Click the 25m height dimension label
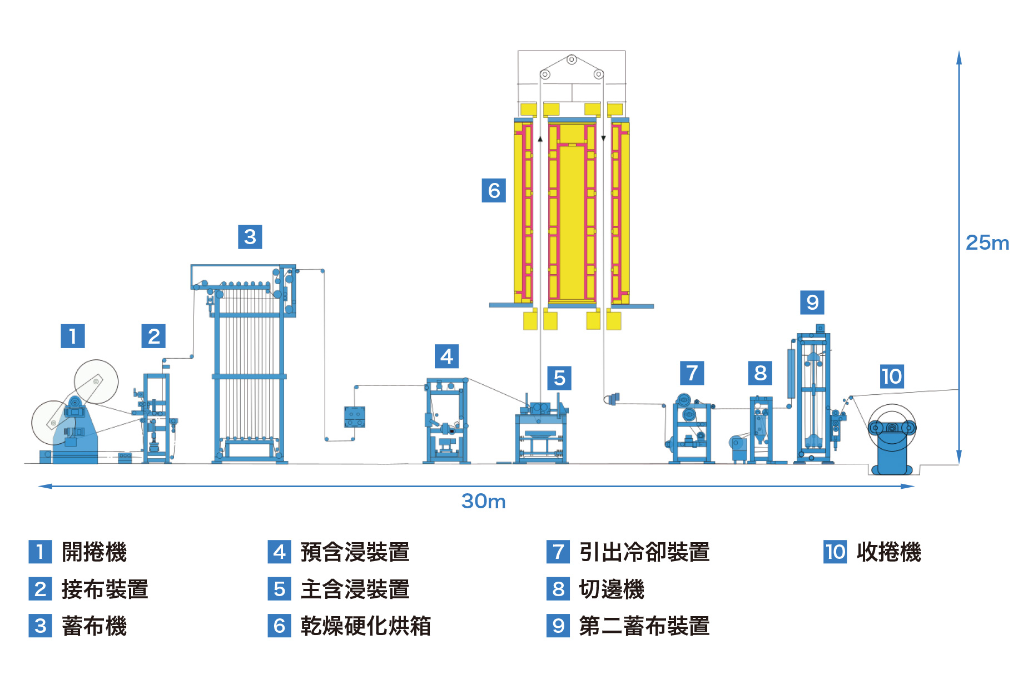(x=987, y=243)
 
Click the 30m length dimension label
(x=483, y=502)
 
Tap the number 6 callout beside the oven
(x=494, y=191)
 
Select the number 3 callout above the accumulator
(x=250, y=237)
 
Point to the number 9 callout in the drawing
(x=812, y=303)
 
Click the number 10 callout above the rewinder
(x=892, y=376)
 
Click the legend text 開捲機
(x=94, y=552)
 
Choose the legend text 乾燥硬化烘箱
(x=366, y=626)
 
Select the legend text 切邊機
(x=611, y=589)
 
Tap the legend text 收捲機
(x=888, y=552)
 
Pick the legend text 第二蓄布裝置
(x=644, y=626)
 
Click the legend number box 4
(x=279, y=552)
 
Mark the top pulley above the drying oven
(x=572, y=60)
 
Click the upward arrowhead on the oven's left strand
(x=540, y=138)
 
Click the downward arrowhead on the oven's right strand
(x=603, y=138)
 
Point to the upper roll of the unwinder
(x=96, y=381)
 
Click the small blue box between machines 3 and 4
(x=354, y=417)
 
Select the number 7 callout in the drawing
(x=692, y=373)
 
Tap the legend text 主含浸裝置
(x=355, y=589)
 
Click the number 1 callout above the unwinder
(x=72, y=336)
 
